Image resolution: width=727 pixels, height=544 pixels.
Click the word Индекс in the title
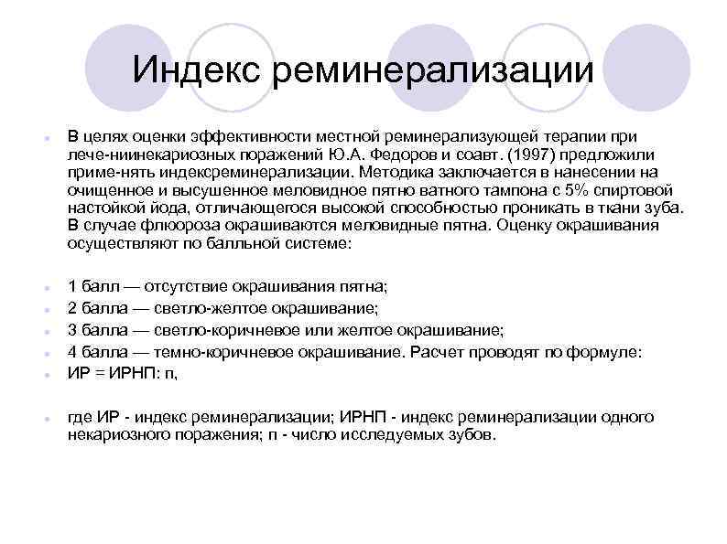[195, 69]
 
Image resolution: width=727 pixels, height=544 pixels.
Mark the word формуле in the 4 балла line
[609, 351]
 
